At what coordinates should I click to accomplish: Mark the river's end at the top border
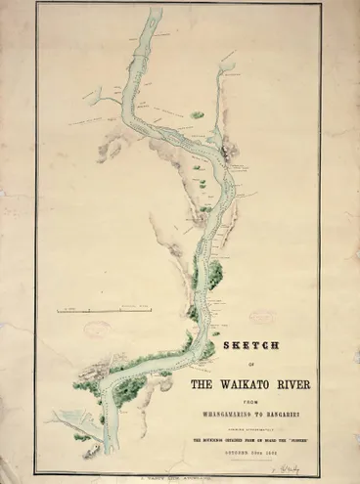[154, 13]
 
